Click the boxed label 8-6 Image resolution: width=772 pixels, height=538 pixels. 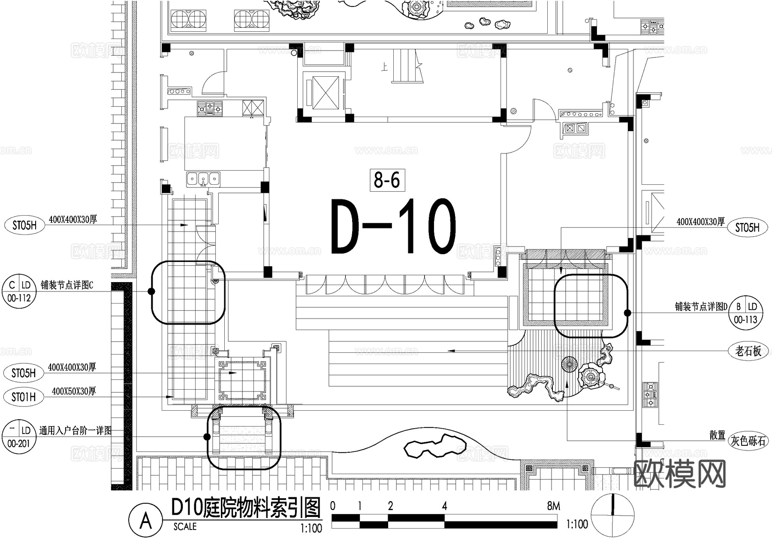[x=387, y=180]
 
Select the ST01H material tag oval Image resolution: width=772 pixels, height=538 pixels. [x=24, y=397]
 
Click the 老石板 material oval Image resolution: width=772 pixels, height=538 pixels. [x=748, y=352]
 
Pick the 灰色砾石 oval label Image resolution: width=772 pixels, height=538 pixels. [x=748, y=441]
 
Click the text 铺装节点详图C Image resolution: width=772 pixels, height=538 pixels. [x=67, y=285]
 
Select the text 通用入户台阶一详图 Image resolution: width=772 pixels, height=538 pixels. [x=75, y=430]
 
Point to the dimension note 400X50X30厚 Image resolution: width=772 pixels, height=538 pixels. [x=74, y=391]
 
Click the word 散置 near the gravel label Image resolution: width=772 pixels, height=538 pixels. [x=717, y=436]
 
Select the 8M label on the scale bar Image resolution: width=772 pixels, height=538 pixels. [x=553, y=506]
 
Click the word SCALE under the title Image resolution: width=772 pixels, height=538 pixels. [x=185, y=526]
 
